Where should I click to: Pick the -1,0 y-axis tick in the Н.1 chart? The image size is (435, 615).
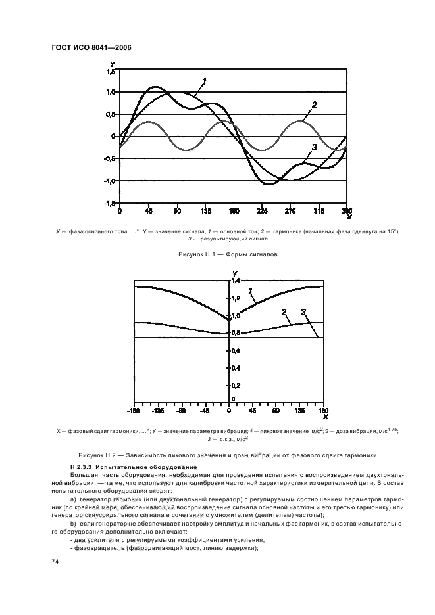tap(109, 181)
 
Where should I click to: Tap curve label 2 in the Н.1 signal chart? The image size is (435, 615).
tap(315, 104)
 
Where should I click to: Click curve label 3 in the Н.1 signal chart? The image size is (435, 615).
tap(315, 147)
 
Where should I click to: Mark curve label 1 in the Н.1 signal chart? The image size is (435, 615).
tap(205, 81)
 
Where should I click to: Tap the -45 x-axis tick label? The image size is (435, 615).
tap(205, 411)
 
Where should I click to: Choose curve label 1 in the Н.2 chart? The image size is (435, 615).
tap(250, 291)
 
